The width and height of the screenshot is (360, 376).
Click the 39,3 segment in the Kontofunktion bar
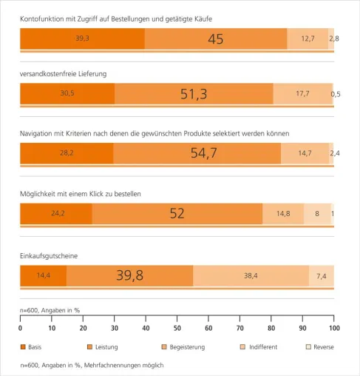pyautogui.click(x=82, y=38)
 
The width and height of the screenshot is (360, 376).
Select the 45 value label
pyautogui.click(x=216, y=39)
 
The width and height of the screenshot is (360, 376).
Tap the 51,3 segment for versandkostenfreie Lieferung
pyautogui.click(x=194, y=94)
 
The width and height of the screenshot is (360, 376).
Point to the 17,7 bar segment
pyautogui.click(x=303, y=94)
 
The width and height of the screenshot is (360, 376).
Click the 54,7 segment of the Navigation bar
pyautogui.click(x=197, y=153)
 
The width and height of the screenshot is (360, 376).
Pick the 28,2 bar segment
pyautogui.click(x=67, y=153)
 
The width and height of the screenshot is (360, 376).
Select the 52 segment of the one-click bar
pyautogui.click(x=177, y=214)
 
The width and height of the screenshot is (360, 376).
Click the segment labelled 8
pyautogui.click(x=317, y=214)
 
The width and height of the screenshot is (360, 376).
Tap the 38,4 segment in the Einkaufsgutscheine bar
pyautogui.click(x=251, y=275)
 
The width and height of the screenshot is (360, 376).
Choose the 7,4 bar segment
pyautogui.click(x=322, y=275)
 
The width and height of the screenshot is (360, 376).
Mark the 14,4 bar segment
pyautogui.click(x=44, y=275)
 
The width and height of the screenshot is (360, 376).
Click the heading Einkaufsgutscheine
pyautogui.click(x=49, y=256)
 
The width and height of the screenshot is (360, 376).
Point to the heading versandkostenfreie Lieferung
pyautogui.click(x=64, y=74)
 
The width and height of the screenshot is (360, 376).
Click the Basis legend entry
pyautogui.click(x=31, y=347)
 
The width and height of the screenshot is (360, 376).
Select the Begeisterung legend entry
pyautogui.click(x=183, y=347)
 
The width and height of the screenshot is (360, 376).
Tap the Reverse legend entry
pyautogui.click(x=320, y=347)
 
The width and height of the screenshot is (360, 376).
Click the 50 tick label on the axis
pyautogui.click(x=177, y=328)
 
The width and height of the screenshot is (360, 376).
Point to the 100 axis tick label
pyautogui.click(x=334, y=328)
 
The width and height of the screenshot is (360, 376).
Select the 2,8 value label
pyautogui.click(x=334, y=38)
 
